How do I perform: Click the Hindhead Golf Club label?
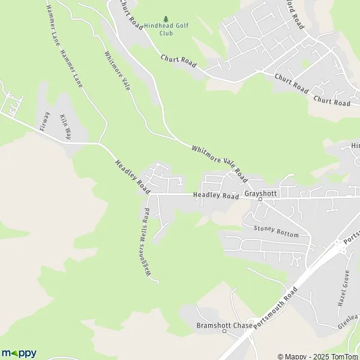tap(159, 29)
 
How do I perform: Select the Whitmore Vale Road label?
tap(220, 163)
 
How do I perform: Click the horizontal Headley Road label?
tap(216, 196)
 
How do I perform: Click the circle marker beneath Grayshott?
tap(260, 201)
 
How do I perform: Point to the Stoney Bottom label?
tap(276, 231)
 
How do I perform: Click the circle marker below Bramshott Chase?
tap(224, 332)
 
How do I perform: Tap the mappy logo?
tap(19, 353)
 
